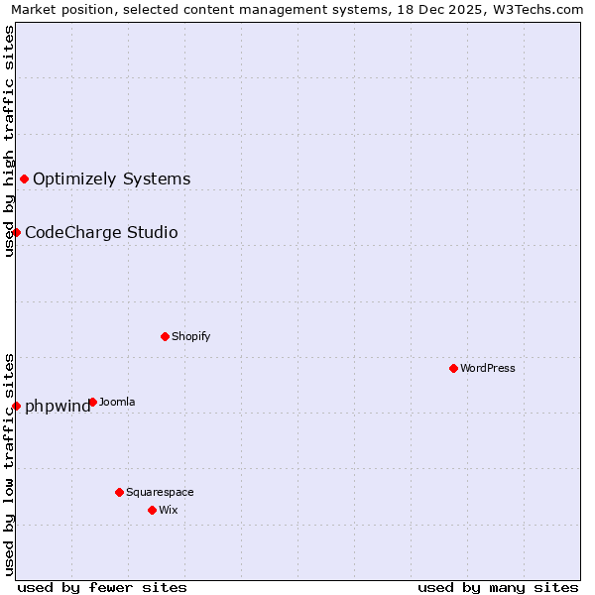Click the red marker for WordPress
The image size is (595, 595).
point(453,368)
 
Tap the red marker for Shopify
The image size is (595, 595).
point(165,336)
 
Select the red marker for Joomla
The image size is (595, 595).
point(92,402)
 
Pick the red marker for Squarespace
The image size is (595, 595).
point(119,492)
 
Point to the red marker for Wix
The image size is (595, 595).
point(152,510)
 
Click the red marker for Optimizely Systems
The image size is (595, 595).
point(24,178)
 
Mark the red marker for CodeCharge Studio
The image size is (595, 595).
point(16,232)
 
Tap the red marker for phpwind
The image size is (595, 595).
point(16,406)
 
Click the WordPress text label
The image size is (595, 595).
point(488,368)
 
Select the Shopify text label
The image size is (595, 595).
point(191,336)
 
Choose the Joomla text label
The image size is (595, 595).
point(117,402)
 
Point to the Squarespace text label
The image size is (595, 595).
point(160,492)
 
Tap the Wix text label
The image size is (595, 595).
point(168,510)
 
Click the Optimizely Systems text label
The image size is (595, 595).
point(112,178)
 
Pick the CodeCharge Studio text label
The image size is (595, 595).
point(101,232)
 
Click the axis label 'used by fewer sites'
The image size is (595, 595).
point(102,587)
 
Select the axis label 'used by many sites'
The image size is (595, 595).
point(498,587)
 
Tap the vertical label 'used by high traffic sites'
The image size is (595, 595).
point(9,141)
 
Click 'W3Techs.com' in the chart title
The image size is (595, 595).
point(542,9)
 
